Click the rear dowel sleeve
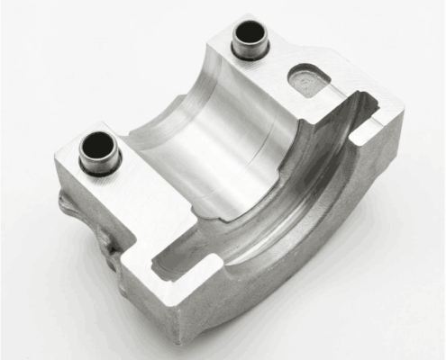click(250, 41)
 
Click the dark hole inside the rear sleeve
click(250, 34)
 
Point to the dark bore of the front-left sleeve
click(96, 146)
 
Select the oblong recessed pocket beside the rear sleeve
click(310, 79)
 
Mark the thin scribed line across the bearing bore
click(261, 153)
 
